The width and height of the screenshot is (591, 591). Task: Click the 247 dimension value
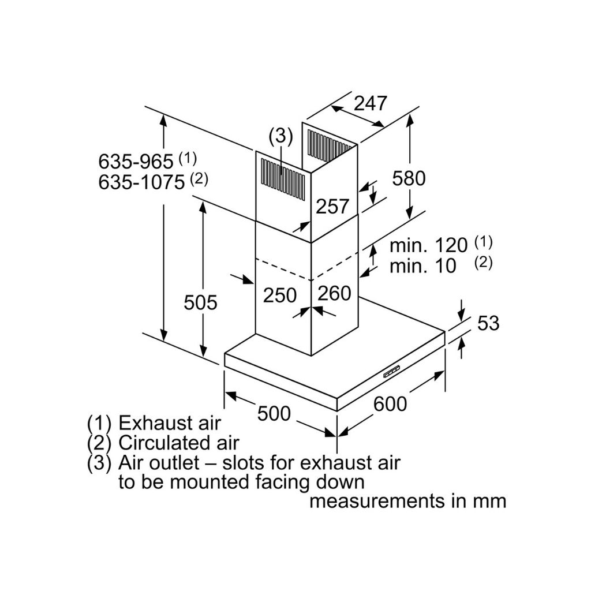(371, 103)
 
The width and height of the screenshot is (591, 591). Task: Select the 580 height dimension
(409, 178)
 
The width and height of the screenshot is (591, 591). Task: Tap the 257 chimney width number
(332, 206)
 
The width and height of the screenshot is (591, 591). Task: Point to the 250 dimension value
(280, 295)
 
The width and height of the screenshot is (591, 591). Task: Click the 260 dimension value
(334, 293)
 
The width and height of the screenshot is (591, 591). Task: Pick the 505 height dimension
(200, 302)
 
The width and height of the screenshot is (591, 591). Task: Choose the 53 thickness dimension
(488, 323)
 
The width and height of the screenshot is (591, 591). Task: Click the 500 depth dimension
(274, 413)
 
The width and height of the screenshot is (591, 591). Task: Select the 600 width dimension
(390, 404)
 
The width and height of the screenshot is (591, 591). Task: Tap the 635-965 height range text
(136, 162)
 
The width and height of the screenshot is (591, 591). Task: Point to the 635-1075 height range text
(141, 182)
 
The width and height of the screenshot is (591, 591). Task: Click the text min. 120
(429, 245)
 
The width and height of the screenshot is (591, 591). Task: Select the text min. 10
(423, 265)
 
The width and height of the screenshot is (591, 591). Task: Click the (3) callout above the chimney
(280, 136)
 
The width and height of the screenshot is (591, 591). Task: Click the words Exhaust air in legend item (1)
(170, 423)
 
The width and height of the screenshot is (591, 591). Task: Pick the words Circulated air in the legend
(179, 443)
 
